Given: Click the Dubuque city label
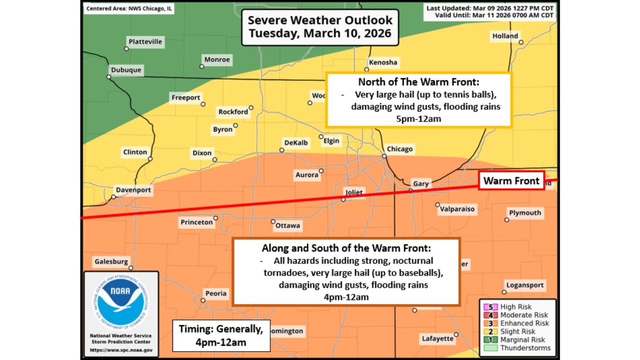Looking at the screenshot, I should (x=126, y=70).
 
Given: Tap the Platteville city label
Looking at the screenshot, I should (x=145, y=42).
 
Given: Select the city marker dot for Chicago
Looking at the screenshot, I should (x=384, y=156).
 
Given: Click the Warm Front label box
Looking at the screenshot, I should (x=511, y=181).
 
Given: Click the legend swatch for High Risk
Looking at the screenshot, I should (x=491, y=307).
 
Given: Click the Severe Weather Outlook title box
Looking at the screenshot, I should (x=320, y=27).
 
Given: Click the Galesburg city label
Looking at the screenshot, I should (x=111, y=262).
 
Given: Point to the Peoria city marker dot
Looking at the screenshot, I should (x=203, y=300).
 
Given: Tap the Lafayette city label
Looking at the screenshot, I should (x=437, y=339).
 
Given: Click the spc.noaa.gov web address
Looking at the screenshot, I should (x=121, y=350).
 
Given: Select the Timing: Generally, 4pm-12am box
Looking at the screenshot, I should (x=221, y=336).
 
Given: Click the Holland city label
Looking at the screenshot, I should (x=505, y=36).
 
